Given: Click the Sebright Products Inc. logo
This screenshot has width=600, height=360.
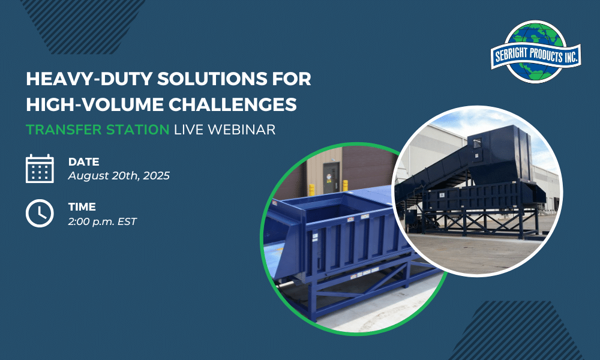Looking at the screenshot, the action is point(536,52).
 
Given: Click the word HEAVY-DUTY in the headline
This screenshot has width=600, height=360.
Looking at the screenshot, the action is point(89,79).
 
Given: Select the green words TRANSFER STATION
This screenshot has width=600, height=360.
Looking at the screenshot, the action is point(98,130).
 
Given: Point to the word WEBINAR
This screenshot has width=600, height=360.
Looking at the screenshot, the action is point(242,130).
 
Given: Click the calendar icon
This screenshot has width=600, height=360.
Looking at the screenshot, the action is point(40,169).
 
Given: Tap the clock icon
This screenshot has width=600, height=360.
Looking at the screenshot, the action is point(40,213).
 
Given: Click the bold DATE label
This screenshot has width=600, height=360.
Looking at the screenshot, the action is point(84,162).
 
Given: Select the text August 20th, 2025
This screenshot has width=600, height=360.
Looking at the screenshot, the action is point(119,176).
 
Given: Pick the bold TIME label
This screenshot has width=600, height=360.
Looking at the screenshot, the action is point(82,207).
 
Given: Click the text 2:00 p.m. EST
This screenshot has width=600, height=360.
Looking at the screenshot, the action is point(102,221).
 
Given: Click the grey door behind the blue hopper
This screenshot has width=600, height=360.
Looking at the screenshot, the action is point(331,178).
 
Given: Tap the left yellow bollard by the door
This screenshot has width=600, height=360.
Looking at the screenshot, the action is point(312,190).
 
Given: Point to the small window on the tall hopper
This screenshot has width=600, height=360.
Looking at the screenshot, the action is point(477,144).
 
